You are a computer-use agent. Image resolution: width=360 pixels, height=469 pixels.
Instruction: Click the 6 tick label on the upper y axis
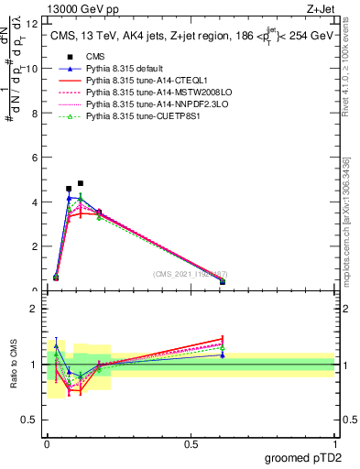click(34, 158)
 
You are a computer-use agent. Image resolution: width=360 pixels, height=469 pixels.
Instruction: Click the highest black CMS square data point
click(81, 183)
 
